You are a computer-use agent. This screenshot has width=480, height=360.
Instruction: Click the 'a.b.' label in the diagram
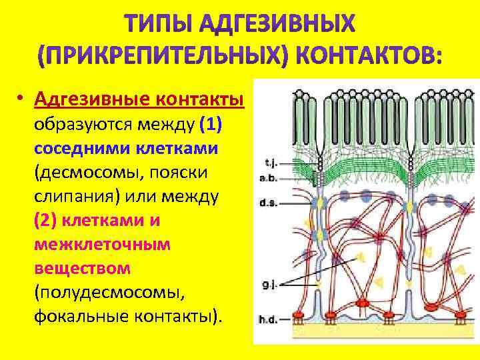[x=270, y=178]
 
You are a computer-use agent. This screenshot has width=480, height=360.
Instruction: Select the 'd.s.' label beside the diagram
[x=271, y=203]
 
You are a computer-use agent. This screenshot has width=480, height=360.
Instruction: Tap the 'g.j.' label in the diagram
[x=269, y=286]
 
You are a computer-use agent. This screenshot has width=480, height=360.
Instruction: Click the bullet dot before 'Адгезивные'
[x=21, y=99]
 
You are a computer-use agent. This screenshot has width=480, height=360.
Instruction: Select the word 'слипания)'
[x=75, y=196]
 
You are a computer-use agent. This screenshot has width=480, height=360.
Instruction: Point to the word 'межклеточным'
[x=103, y=244]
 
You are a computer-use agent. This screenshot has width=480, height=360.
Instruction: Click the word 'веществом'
[x=83, y=268]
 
